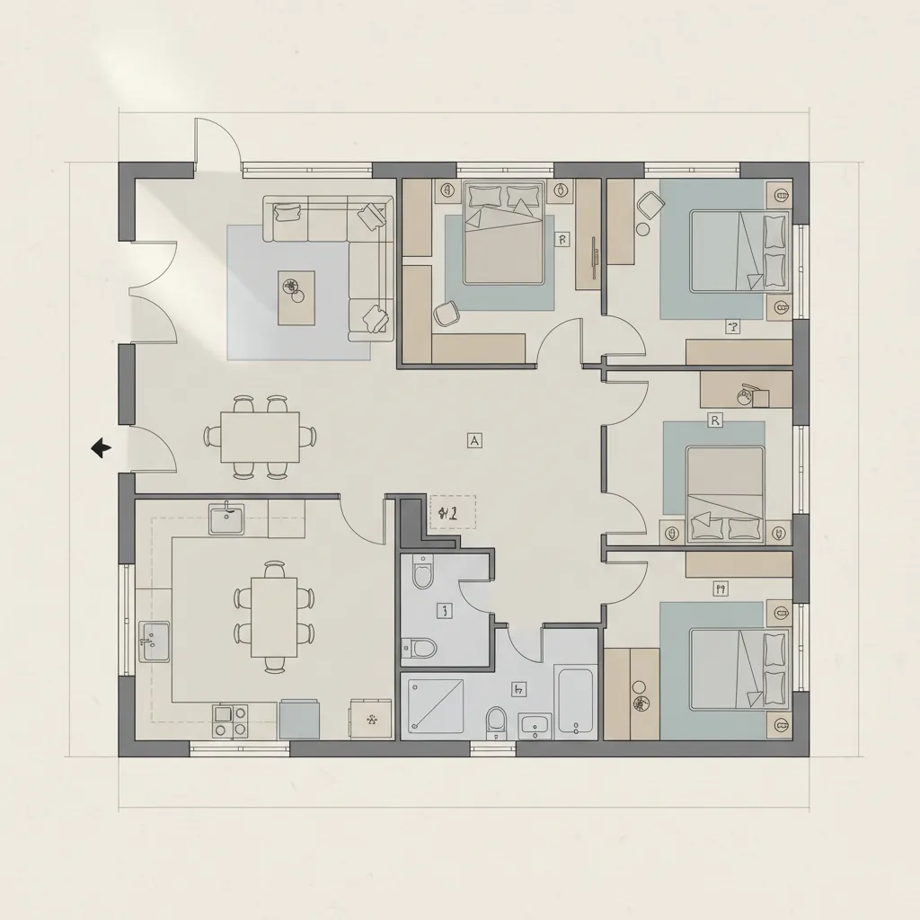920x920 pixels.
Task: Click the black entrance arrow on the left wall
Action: coord(101,447)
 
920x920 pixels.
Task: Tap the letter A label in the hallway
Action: coord(474,439)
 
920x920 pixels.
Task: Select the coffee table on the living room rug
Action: coord(296,298)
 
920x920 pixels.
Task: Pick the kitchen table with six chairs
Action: coord(274,617)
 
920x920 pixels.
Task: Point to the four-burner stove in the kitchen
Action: coord(229,720)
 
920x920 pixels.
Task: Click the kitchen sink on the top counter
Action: coord(226,518)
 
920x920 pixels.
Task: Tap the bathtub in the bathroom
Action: coord(576,700)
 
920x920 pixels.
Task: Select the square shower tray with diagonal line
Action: coord(436,705)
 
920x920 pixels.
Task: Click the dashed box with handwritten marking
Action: coord(453,513)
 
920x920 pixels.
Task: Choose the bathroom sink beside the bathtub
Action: coord(535,724)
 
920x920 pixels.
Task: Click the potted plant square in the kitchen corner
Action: coord(369,718)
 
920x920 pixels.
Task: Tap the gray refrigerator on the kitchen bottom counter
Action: coord(299,719)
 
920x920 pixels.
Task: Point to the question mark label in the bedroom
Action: coord(732,328)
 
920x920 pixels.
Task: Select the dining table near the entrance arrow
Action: coord(261,436)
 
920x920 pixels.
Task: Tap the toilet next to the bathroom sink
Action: coord(495,721)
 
